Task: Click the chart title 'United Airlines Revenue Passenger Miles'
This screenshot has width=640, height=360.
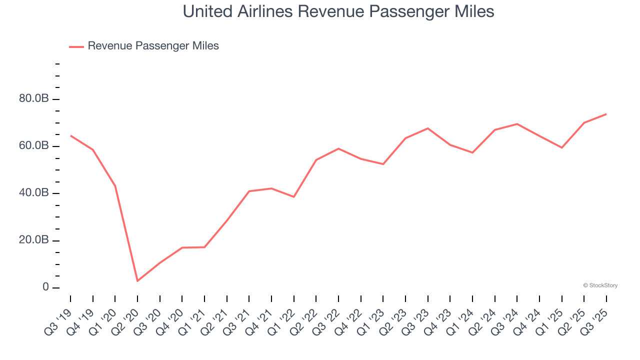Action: [x=338, y=11]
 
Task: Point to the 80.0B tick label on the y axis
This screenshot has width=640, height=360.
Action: [x=34, y=99]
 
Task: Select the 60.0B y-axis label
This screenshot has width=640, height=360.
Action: [x=34, y=146]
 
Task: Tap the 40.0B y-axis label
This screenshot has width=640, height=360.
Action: [x=34, y=193]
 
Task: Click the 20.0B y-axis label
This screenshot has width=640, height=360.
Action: [x=34, y=240]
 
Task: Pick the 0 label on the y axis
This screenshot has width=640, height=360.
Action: [x=45, y=287]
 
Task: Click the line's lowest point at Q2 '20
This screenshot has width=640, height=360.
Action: [x=137, y=281]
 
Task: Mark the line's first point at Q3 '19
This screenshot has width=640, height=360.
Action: [x=70, y=135]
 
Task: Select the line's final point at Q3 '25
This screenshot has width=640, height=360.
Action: [x=606, y=114]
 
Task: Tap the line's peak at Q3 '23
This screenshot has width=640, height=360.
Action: [x=428, y=128]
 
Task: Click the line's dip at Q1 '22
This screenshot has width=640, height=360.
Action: [x=294, y=197]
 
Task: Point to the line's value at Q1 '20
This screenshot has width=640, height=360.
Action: [x=115, y=186]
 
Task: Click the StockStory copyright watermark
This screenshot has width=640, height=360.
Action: [x=600, y=285]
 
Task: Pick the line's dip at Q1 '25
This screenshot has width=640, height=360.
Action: [x=562, y=147]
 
